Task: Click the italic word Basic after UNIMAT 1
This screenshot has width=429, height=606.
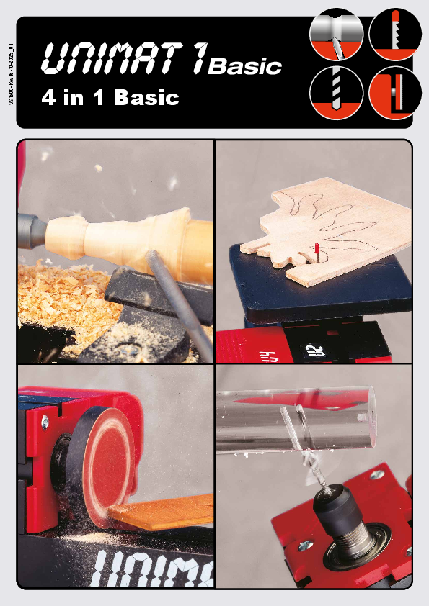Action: click(x=244, y=68)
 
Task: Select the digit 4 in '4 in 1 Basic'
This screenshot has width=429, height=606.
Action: click(x=49, y=98)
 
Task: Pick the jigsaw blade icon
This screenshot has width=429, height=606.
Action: click(x=395, y=33)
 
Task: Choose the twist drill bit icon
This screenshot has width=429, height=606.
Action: click(x=336, y=92)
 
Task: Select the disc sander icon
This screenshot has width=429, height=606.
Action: click(x=394, y=92)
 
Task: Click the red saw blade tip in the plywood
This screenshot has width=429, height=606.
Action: click(x=317, y=252)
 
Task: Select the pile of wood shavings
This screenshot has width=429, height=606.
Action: click(x=58, y=295)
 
